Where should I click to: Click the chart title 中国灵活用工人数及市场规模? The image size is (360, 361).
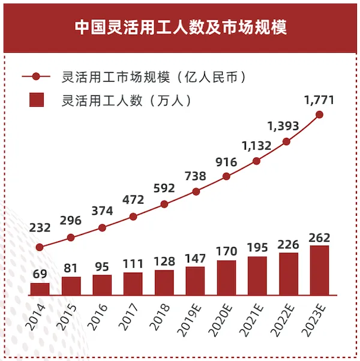180,27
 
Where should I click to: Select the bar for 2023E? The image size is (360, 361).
319,270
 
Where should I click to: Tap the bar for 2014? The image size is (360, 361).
40,289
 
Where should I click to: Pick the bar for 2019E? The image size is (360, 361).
195,281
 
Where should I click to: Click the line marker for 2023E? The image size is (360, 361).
319,115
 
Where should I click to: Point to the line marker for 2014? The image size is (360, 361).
40,246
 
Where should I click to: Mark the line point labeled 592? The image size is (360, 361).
164,204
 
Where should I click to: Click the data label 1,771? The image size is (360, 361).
319,100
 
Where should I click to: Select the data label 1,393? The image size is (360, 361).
283,126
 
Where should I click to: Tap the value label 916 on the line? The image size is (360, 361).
226,162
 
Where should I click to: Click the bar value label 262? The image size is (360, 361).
319,237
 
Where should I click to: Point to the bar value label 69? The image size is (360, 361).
40,274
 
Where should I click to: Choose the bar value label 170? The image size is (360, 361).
226,252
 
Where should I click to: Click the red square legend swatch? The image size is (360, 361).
37,100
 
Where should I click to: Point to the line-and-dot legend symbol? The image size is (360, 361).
37,77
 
